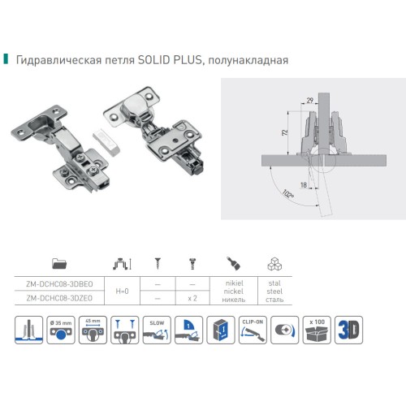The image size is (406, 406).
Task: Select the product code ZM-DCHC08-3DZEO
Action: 59,298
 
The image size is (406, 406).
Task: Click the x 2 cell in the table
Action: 193,298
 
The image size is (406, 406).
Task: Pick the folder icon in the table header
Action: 59,264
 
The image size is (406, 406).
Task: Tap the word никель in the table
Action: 231,298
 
